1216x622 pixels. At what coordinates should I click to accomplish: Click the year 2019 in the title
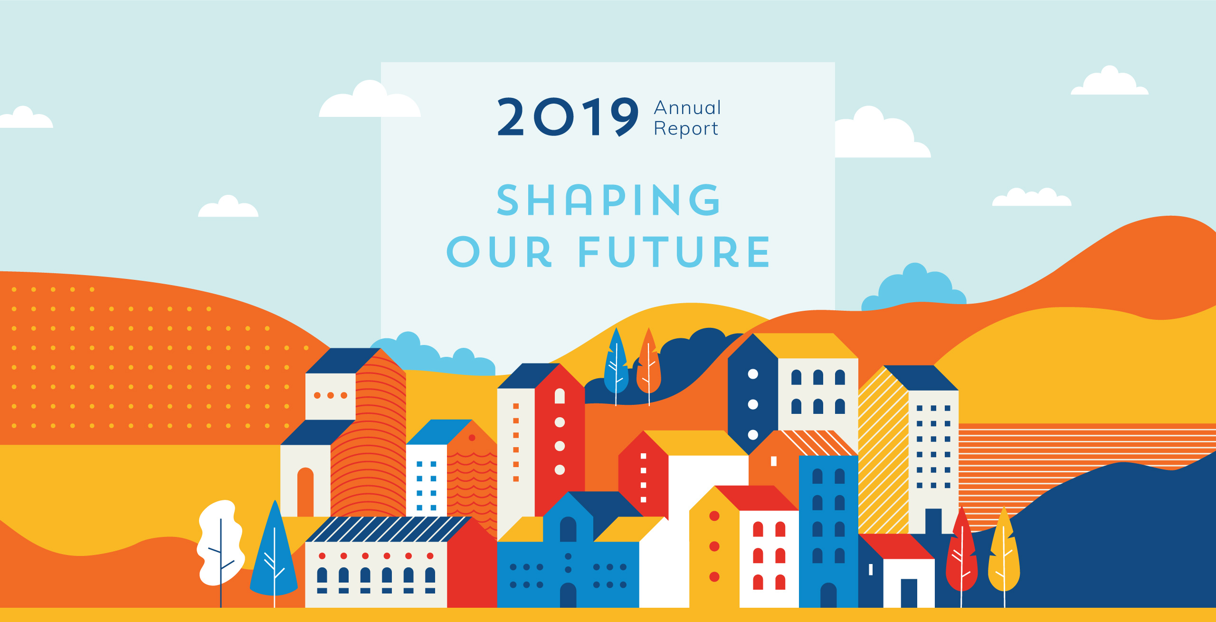click(568, 117)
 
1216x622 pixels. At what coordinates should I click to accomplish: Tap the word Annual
click(688, 108)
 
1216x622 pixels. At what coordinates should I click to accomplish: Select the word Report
click(686, 129)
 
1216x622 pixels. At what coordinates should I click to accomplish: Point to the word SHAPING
click(608, 200)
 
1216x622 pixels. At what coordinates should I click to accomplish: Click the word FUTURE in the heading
click(674, 252)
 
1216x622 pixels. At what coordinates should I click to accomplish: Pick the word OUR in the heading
click(499, 252)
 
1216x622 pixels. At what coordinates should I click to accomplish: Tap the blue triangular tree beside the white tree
click(274, 551)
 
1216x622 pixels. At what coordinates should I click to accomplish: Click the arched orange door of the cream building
click(305, 492)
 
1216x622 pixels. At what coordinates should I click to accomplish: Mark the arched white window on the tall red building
click(560, 396)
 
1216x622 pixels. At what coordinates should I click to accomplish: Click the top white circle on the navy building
click(753, 374)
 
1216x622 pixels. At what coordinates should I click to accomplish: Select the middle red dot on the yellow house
click(714, 546)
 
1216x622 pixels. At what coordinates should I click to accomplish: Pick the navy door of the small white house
click(909, 593)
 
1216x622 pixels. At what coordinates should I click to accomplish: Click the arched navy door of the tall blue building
click(828, 595)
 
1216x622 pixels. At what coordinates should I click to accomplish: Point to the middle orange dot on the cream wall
click(331, 395)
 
